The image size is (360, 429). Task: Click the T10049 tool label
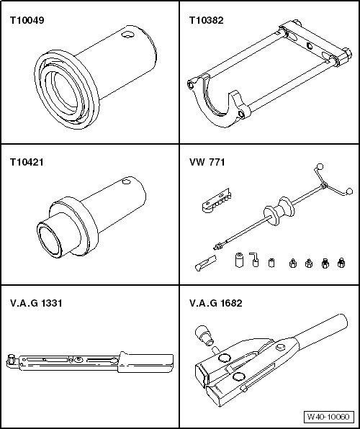27,21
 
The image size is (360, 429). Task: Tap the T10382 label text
207,21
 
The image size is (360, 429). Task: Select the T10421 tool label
27,162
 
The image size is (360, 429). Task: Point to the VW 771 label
207,162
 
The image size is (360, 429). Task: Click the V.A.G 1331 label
36,303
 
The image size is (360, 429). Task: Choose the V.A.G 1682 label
216,303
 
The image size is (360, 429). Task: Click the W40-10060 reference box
328,417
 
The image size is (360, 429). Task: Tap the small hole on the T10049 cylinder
127,35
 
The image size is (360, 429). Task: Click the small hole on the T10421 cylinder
126,181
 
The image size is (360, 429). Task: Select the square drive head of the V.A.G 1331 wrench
11,358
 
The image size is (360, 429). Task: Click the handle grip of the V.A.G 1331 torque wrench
146,362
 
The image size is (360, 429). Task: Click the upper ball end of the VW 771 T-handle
320,166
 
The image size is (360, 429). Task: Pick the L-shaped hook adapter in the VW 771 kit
254,259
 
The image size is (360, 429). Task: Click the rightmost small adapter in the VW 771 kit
341,263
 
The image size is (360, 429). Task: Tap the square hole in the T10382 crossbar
310,45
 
